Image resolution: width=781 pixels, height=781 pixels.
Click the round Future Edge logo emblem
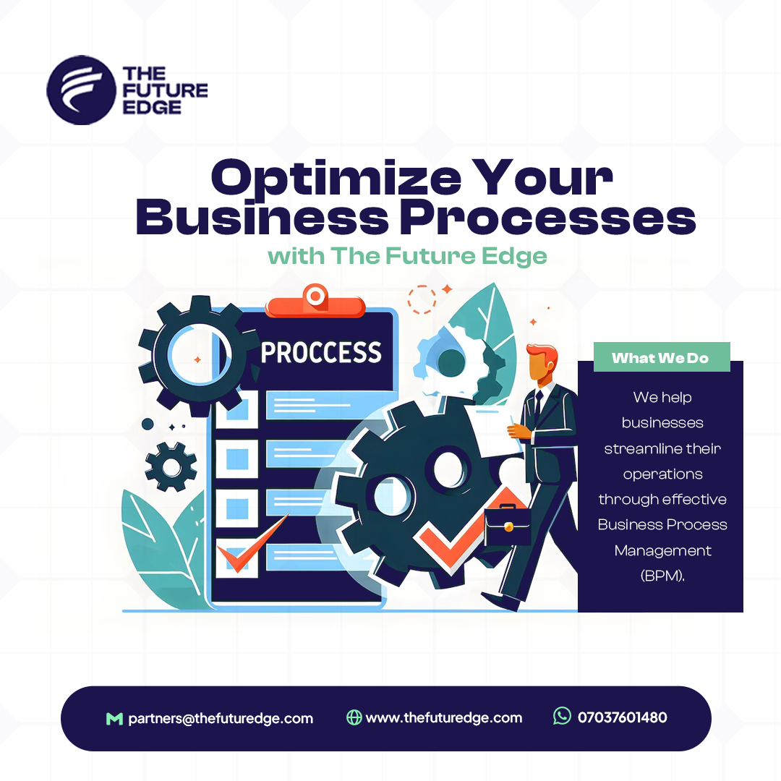[81, 90]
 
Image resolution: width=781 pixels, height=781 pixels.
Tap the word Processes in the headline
[548, 217]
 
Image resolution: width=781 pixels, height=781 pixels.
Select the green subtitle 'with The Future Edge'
[407, 257]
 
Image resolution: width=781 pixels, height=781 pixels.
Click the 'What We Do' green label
[662, 357]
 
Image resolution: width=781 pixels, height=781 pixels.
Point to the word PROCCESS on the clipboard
[321, 353]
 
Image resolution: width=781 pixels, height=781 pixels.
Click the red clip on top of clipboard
[315, 301]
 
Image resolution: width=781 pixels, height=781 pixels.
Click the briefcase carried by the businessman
[508, 525]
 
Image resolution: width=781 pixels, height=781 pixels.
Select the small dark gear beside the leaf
[171, 466]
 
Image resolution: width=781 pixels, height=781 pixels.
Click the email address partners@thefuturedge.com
[221, 718]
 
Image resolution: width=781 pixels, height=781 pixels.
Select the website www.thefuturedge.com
[444, 718]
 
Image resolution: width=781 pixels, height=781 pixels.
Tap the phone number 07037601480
[622, 717]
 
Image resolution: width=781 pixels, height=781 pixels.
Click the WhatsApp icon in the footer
[563, 716]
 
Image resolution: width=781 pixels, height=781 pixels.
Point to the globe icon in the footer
[354, 717]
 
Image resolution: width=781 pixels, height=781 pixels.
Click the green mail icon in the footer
[114, 718]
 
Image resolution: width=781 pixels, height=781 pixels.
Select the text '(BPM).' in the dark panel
[662, 576]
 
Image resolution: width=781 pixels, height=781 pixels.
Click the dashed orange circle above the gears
[422, 299]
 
